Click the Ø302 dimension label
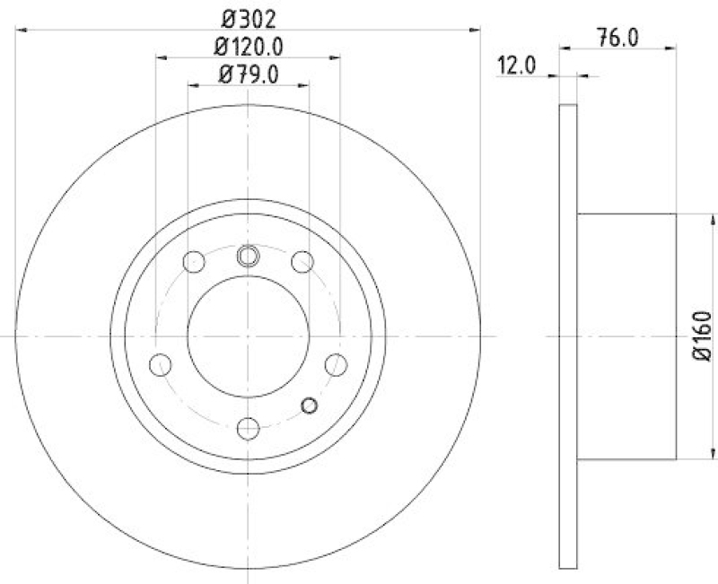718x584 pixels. tap(248, 18)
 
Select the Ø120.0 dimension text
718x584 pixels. tap(248, 47)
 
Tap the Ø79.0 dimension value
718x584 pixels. tap(248, 75)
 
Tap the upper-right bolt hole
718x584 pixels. tap(302, 262)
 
